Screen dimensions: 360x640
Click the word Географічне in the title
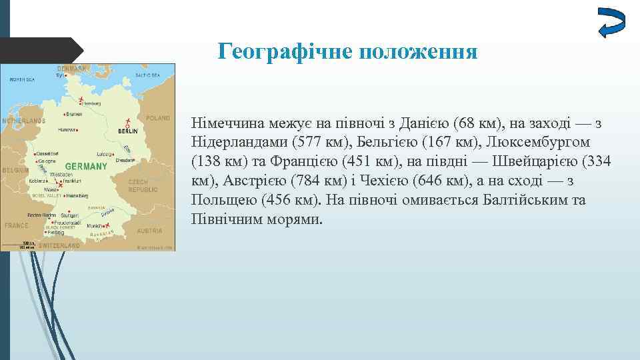click(x=287, y=51)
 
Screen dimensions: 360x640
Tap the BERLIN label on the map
click(x=128, y=131)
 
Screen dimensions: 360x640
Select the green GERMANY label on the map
click(x=87, y=165)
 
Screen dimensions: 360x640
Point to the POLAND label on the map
click(x=158, y=118)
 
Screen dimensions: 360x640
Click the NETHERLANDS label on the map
click(x=23, y=121)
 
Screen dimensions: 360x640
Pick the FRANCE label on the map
click(x=17, y=225)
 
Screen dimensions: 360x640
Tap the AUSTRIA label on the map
click(x=149, y=231)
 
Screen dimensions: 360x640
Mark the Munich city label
click(x=95, y=226)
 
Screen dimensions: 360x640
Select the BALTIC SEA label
click(x=147, y=75)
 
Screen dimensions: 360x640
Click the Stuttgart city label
click(x=69, y=215)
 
